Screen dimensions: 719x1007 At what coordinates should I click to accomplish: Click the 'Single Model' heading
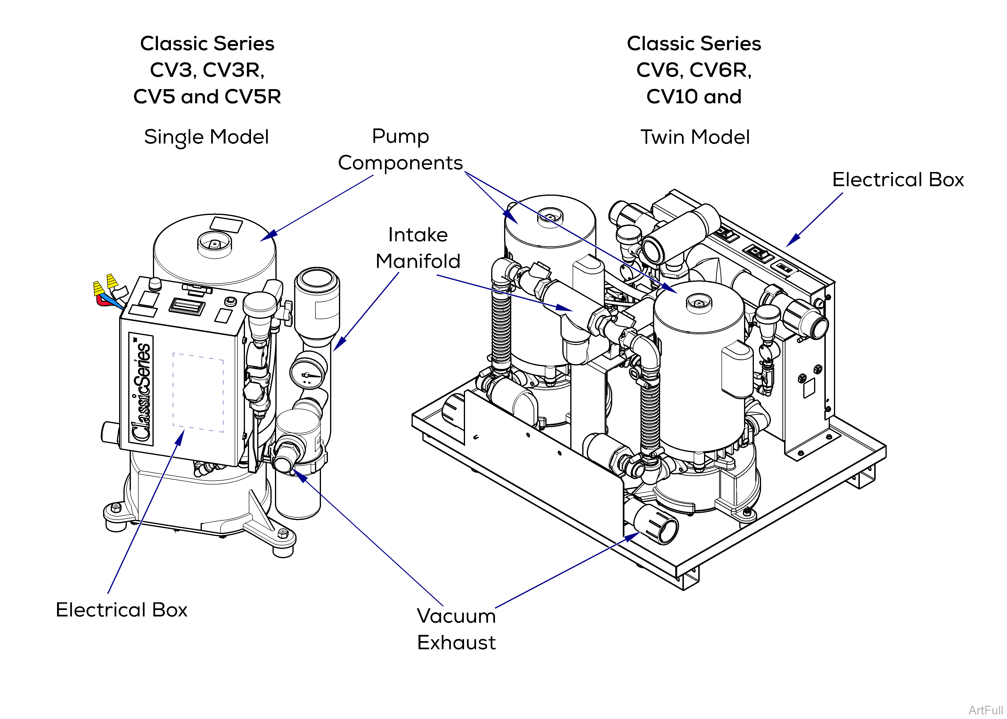coord(206,137)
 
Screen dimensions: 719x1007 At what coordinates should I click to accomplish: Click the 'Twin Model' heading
coord(695,137)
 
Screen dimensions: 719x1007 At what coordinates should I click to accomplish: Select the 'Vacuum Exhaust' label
coord(456,629)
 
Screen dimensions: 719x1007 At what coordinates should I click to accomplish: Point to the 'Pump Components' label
coord(400,150)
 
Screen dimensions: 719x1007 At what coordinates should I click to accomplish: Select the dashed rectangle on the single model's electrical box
coord(198,392)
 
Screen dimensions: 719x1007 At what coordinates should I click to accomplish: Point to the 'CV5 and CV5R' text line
coord(207,97)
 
